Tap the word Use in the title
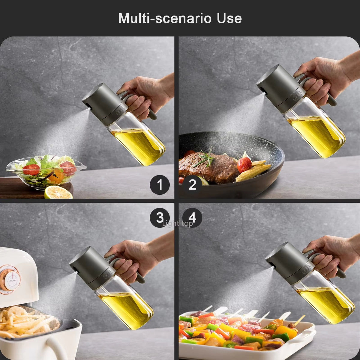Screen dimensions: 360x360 (229, 18)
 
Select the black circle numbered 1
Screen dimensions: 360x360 (160, 185)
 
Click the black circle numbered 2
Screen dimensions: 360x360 (192, 185)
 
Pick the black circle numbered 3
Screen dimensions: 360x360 (160, 217)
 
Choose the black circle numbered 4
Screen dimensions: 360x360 (192, 217)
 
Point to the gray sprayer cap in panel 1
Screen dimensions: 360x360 (100, 103)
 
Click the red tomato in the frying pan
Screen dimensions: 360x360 (244, 164)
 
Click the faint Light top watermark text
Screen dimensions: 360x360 (177, 223)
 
